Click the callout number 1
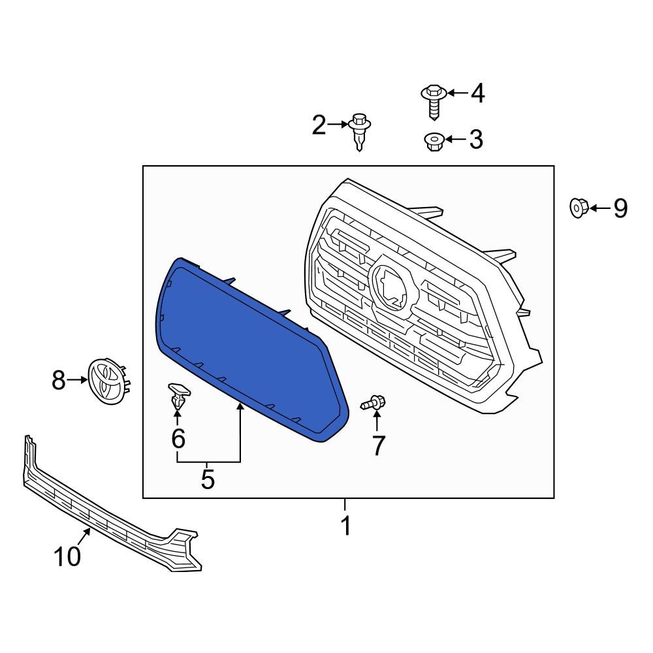[346, 526]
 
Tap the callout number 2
[319, 125]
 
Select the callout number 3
[476, 139]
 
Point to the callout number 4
[478, 93]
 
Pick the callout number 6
[178, 438]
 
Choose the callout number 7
[378, 445]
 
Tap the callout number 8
[59, 380]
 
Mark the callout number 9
[620, 208]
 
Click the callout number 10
[67, 556]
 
